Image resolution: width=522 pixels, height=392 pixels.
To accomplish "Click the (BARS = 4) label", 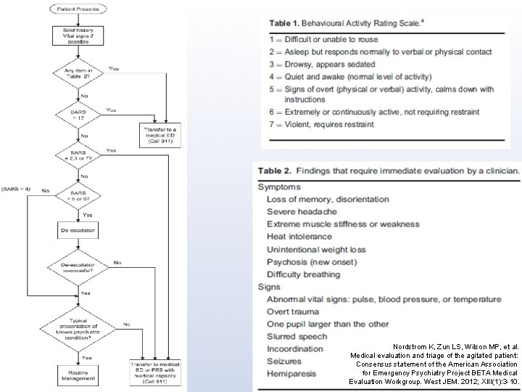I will pyautogui.click(x=16, y=189).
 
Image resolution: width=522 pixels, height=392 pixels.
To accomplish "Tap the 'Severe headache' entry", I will pyautogui.click(x=302, y=211).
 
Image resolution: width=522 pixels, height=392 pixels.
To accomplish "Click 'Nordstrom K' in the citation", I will pyautogui.click(x=410, y=347).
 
